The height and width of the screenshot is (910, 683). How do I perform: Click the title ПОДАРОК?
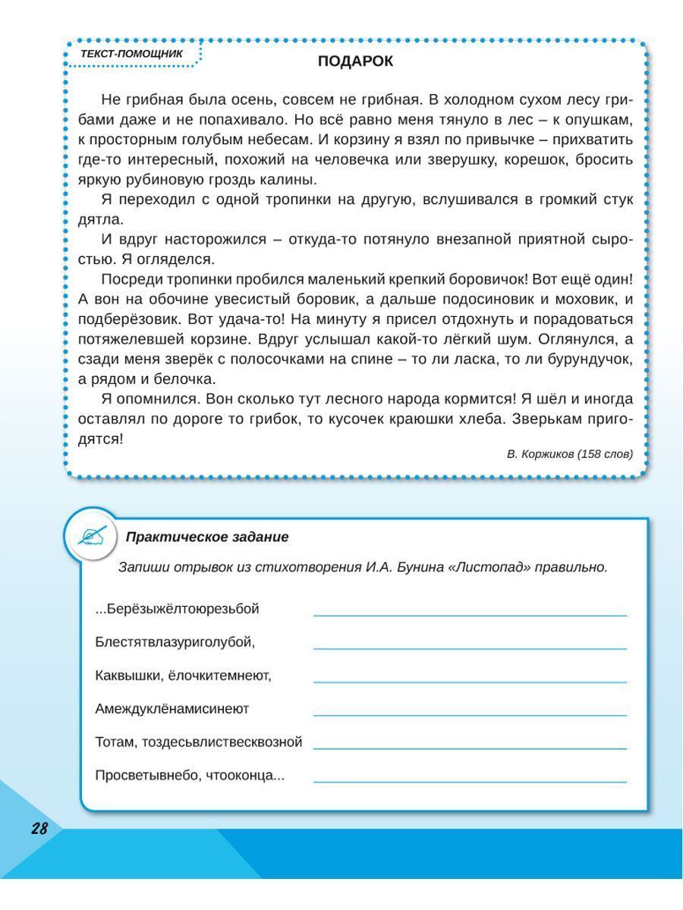[355, 62]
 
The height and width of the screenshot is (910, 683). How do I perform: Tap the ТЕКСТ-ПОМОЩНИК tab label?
[131, 54]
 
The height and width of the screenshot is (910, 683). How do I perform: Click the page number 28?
[39, 829]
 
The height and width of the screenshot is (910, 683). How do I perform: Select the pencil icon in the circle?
[91, 536]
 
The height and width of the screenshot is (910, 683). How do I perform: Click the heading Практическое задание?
[207, 537]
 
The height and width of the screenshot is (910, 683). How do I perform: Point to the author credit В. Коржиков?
[540, 453]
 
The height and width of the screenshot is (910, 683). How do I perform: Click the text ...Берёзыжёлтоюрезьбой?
[178, 609]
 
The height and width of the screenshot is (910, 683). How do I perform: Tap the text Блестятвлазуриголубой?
[175, 642]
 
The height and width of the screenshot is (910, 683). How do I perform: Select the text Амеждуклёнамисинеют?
[172, 709]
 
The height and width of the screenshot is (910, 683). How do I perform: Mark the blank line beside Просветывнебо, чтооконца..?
[470, 781]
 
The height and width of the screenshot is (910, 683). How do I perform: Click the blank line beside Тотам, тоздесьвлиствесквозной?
[470, 748]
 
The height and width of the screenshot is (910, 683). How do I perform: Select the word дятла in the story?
[99, 220]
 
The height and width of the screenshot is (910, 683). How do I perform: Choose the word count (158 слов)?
[604, 453]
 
